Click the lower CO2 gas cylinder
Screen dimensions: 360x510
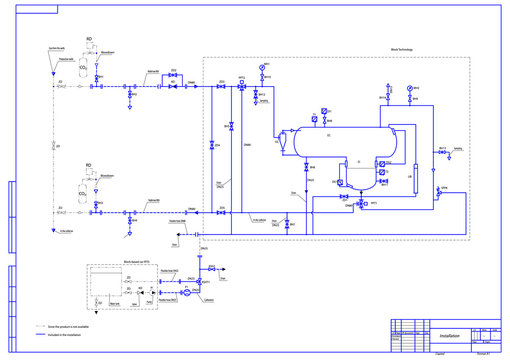tap(84, 188)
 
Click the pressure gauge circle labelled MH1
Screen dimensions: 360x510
tap(262, 67)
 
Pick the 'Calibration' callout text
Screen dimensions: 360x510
tap(210, 300)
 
